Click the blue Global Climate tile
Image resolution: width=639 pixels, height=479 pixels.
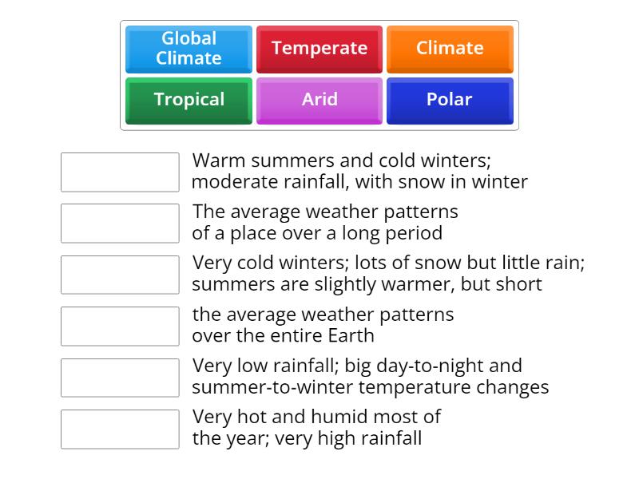[x=189, y=49]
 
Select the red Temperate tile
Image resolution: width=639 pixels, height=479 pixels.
[x=319, y=49]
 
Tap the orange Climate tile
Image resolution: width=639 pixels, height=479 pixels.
[x=450, y=49]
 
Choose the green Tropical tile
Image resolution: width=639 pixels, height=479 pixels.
[x=189, y=100]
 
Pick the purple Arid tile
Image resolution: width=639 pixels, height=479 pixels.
[x=319, y=100]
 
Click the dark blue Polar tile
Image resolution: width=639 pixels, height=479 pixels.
[x=450, y=100]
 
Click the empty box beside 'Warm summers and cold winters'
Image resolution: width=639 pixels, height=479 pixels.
[x=120, y=172]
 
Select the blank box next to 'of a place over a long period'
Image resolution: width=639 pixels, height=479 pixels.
[x=120, y=224]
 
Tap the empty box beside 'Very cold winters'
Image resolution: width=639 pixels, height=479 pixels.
[x=120, y=275]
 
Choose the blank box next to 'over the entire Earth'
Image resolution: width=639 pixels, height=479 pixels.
[x=120, y=326]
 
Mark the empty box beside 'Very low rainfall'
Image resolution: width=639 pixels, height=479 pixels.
[x=120, y=378]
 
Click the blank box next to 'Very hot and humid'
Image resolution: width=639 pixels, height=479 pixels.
[x=120, y=429]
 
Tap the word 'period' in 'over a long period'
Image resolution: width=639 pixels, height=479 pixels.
[x=415, y=234]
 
